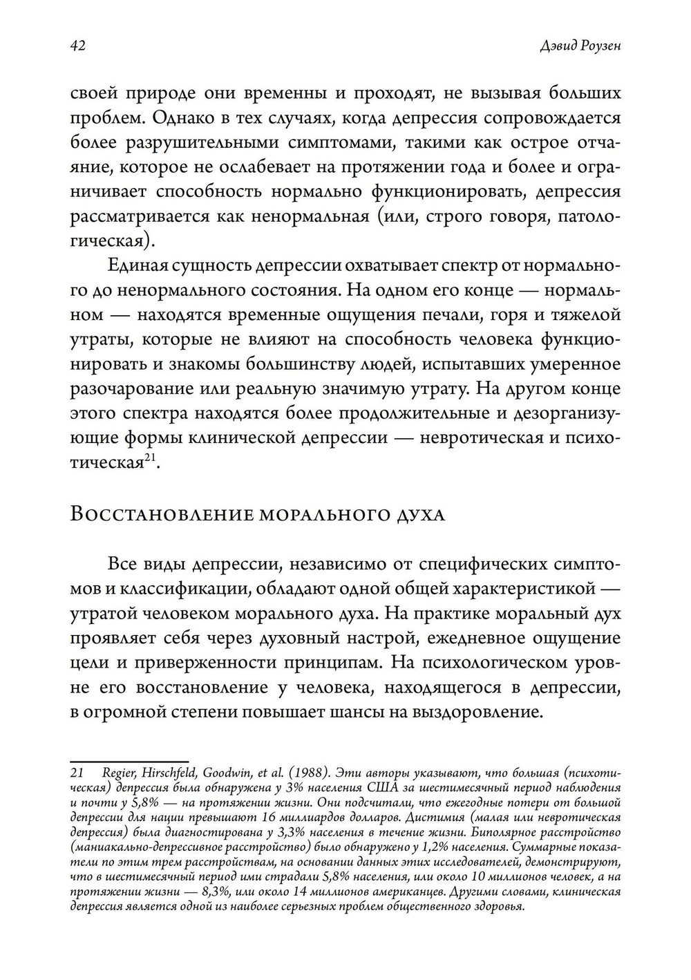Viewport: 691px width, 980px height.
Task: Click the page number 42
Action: pyautogui.click(x=77, y=46)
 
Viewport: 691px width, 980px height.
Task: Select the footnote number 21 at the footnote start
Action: pyautogui.click(x=77, y=771)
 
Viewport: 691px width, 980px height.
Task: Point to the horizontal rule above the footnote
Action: pyautogui.click(x=129, y=761)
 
